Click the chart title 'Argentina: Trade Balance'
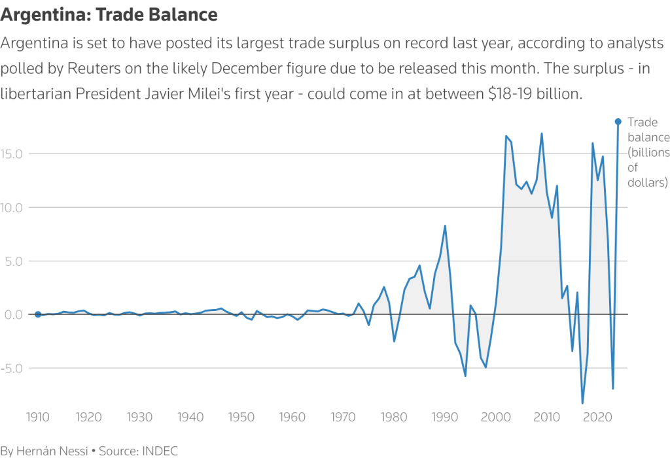point(109,14)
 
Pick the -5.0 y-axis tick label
point(14,368)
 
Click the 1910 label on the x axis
point(38,417)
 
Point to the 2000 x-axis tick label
point(495,417)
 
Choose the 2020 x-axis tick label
point(597,417)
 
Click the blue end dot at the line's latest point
point(618,122)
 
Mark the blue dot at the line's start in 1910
point(38,314)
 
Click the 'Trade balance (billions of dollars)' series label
point(648,152)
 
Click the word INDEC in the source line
point(160,451)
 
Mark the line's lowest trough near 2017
point(582,402)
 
